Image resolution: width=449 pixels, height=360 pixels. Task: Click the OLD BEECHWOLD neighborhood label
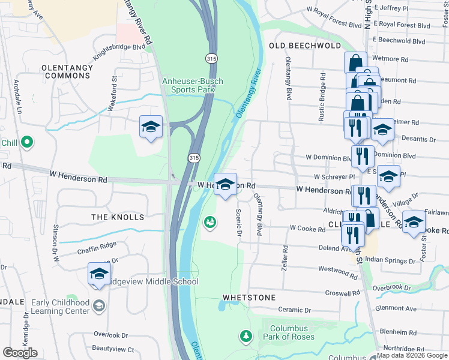305,46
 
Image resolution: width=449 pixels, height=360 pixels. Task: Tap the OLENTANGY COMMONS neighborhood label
67,71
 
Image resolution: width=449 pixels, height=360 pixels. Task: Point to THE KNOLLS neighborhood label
117,217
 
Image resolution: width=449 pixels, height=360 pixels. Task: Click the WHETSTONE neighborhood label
249,297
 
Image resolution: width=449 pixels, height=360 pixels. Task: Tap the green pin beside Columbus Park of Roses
244,335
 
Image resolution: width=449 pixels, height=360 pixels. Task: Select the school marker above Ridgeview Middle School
99,274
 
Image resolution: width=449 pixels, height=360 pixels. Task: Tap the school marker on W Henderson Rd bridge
225,185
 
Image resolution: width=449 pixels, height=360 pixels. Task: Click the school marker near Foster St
413,222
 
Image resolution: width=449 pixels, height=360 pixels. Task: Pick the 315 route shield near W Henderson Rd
193,157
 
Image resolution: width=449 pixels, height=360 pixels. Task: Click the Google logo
20,353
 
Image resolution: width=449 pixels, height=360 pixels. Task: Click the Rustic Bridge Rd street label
322,97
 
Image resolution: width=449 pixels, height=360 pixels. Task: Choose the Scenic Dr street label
238,223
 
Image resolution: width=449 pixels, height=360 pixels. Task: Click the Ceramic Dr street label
291,310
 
